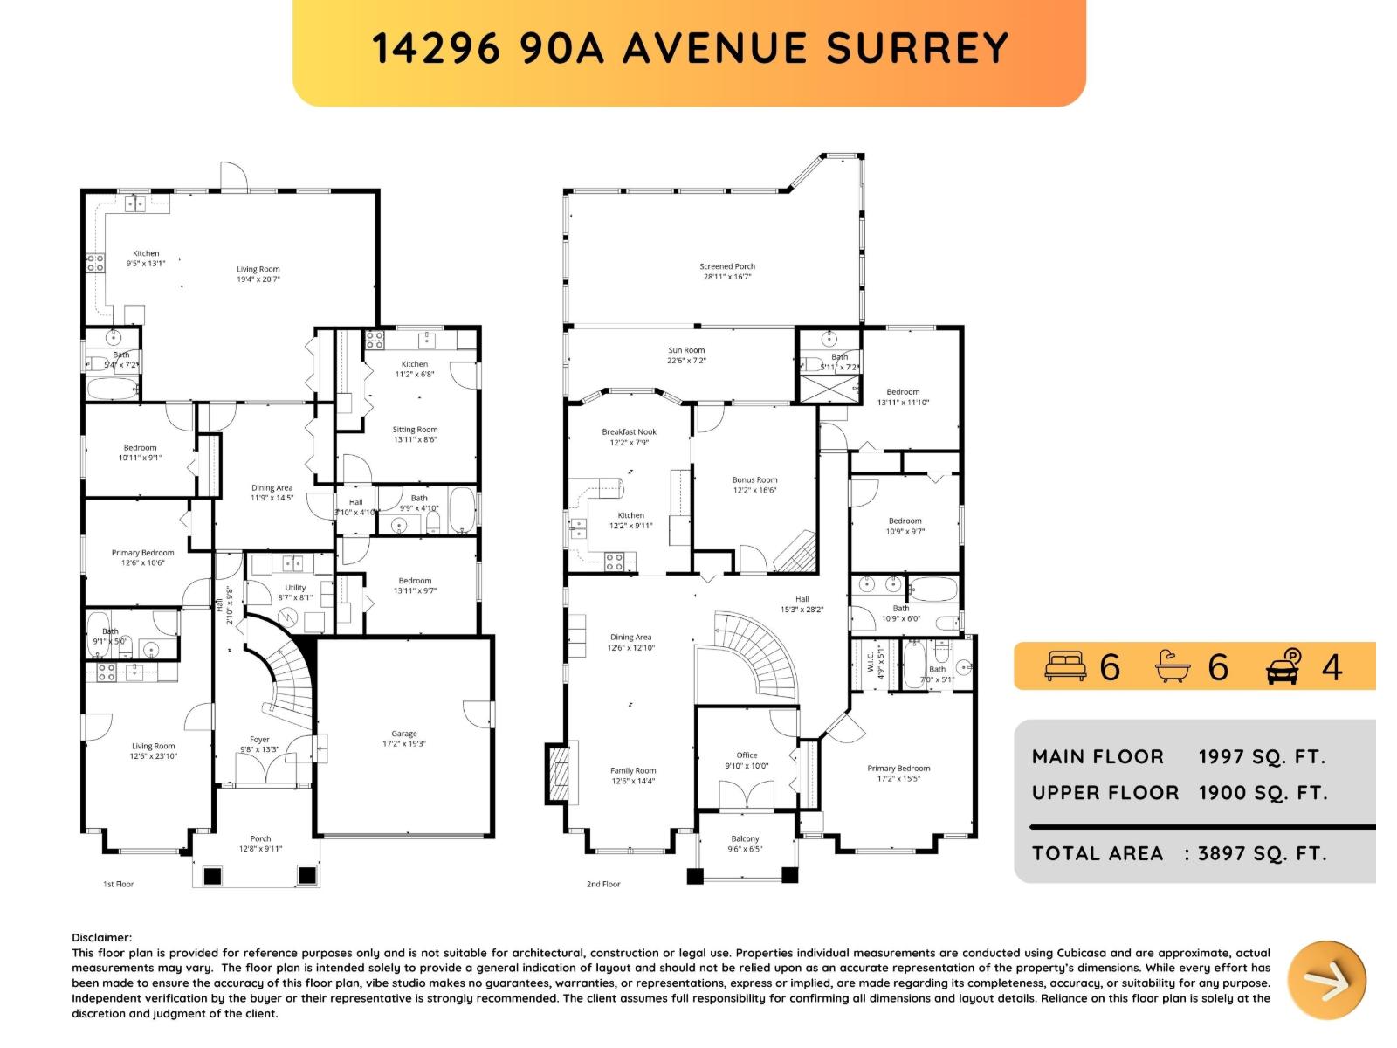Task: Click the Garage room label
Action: (404, 734)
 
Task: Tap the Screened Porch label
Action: (727, 266)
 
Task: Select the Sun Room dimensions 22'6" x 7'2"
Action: (686, 361)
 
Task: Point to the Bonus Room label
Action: (754, 479)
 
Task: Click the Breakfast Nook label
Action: (629, 431)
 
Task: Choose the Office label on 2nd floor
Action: (747, 755)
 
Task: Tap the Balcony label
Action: (745, 838)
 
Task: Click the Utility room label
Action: (295, 588)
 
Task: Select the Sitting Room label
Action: (415, 430)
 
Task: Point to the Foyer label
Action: (259, 739)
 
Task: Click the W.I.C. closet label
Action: (871, 660)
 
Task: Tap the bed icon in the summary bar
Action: (1064, 666)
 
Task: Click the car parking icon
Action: (1283, 666)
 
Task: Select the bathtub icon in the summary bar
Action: (1173, 666)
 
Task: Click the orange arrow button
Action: (1327, 981)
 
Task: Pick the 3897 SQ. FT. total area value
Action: (1262, 853)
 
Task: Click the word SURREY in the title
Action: (918, 48)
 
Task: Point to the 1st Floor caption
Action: (119, 884)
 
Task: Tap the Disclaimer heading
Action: (102, 937)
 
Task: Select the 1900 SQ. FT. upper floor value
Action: (1262, 793)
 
